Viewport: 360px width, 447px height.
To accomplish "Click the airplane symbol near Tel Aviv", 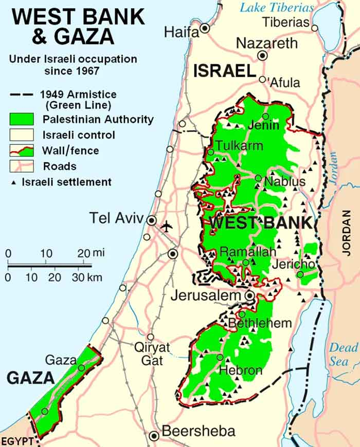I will click(167, 226).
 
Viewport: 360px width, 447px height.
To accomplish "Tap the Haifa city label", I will click(181, 32).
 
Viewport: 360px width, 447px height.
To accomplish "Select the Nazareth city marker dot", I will click(263, 55).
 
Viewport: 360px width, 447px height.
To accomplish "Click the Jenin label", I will click(264, 125).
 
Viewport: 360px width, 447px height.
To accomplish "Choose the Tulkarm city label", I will click(239, 145).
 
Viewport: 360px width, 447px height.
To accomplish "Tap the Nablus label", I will click(284, 181).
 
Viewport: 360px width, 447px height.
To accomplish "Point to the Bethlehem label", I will click(260, 324).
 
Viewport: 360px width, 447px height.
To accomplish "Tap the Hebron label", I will click(241, 370).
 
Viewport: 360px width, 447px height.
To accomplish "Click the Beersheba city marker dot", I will click(153, 436).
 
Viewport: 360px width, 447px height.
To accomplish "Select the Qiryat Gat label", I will click(152, 354).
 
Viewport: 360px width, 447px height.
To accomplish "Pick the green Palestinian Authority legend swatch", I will click(21, 120).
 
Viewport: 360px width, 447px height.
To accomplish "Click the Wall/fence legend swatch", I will click(21, 151).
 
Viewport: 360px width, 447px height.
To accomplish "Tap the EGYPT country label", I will click(17, 441).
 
